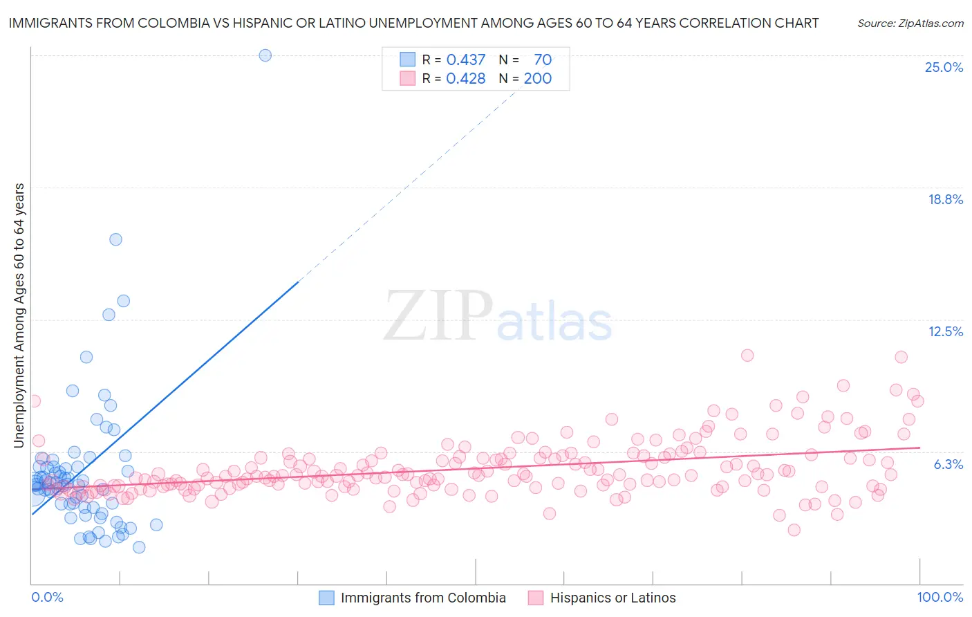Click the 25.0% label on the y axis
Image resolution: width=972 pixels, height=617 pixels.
(x=943, y=68)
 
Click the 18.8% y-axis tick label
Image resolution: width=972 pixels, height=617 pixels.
(x=944, y=200)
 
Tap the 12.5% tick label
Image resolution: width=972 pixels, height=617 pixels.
(x=945, y=332)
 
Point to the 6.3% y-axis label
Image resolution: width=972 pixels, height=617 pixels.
(x=948, y=464)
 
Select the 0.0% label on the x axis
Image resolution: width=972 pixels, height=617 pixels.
(x=47, y=598)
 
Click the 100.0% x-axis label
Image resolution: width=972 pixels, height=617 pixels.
(x=940, y=598)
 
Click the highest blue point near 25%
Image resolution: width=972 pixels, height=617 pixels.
(x=265, y=55)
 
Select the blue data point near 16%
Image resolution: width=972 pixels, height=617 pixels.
(x=115, y=239)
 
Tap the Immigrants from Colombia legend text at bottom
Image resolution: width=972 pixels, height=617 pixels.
(x=423, y=598)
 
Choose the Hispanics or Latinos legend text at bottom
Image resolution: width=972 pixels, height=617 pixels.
(x=613, y=598)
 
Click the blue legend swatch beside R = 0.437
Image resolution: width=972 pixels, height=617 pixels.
(x=407, y=60)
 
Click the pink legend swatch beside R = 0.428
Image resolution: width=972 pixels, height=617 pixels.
(x=407, y=79)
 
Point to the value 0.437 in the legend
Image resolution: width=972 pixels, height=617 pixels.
(x=466, y=60)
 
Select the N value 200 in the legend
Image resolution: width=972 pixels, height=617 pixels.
(x=537, y=79)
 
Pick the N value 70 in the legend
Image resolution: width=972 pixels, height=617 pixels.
(x=543, y=60)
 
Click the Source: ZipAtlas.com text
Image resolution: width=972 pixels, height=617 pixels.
(x=910, y=24)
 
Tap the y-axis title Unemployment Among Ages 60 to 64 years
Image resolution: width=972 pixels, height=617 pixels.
(x=19, y=315)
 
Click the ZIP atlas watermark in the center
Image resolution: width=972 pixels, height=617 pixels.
(x=498, y=317)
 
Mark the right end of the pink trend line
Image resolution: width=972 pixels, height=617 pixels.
(x=919, y=448)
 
